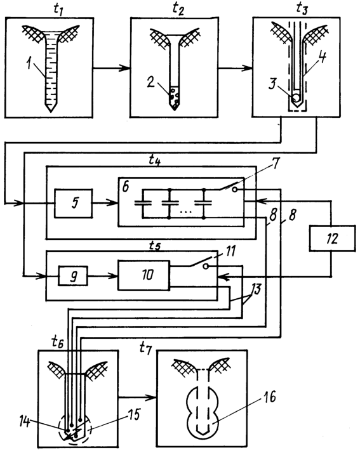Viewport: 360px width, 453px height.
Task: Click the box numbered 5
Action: click(74, 203)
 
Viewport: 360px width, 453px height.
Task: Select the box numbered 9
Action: click(73, 276)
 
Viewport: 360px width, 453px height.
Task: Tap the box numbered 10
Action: click(143, 275)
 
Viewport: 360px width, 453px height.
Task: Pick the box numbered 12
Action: click(332, 239)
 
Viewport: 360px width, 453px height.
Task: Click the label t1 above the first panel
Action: click(58, 9)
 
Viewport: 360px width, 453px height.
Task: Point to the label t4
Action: click(155, 160)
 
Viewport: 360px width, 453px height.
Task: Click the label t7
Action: click(145, 347)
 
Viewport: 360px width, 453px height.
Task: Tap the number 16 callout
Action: click(269, 397)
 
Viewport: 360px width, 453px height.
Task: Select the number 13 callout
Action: click(256, 288)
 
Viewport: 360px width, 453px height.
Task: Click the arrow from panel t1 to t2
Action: click(112, 68)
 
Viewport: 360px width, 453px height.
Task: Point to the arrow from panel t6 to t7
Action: click(137, 398)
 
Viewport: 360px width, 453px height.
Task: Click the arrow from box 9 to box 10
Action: click(103, 276)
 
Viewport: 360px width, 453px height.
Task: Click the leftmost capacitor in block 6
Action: click(143, 203)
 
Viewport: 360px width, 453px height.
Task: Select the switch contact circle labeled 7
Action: click(235, 190)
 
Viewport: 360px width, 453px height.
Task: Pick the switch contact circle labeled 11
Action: click(206, 266)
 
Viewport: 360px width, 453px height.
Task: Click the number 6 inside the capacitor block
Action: click(126, 187)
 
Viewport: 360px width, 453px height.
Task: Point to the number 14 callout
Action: click(25, 421)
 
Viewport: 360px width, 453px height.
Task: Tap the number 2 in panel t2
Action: click(151, 82)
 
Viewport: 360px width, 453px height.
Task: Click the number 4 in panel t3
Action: click(322, 58)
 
